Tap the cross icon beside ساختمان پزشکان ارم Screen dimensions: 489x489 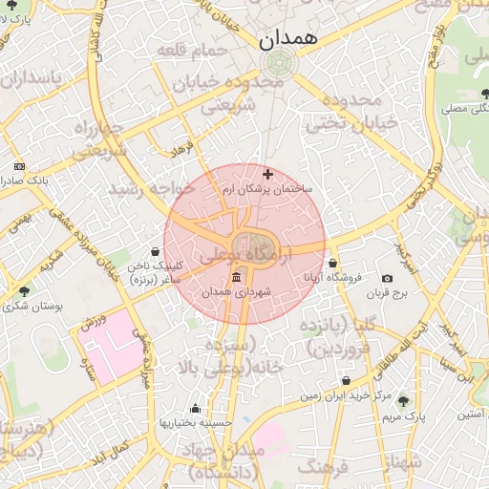pyautogui.click(x=266, y=175)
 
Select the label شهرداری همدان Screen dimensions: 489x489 pyautogui.click(x=237, y=291)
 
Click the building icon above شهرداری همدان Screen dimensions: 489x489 pyautogui.click(x=237, y=277)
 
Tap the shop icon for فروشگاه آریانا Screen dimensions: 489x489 pyautogui.click(x=332, y=263)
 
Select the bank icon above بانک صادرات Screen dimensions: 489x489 pyautogui.click(x=18, y=166)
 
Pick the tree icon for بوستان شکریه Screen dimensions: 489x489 pyautogui.click(x=24, y=291)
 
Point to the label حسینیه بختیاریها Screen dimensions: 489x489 pyautogui.click(x=196, y=421)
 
